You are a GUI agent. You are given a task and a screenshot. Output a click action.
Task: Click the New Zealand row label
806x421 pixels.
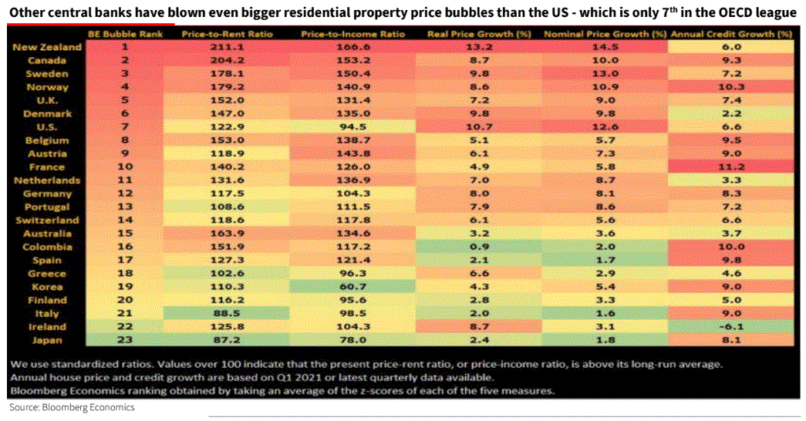click(x=47, y=48)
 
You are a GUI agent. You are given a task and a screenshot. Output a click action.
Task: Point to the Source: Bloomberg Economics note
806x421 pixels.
click(x=72, y=406)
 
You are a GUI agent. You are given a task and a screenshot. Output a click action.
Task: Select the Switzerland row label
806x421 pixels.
click(x=48, y=220)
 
